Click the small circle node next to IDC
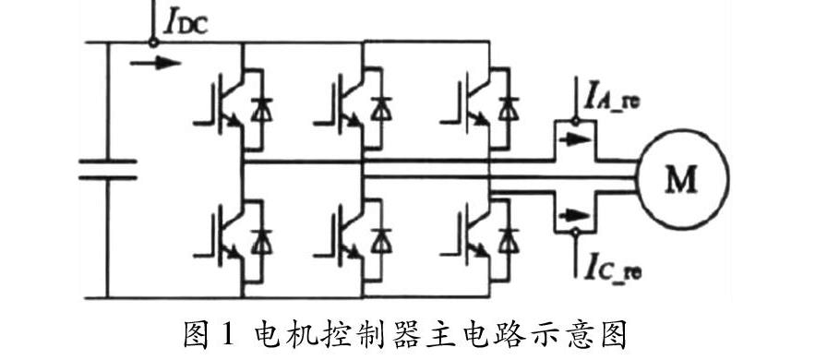152,41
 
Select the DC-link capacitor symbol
107,170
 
